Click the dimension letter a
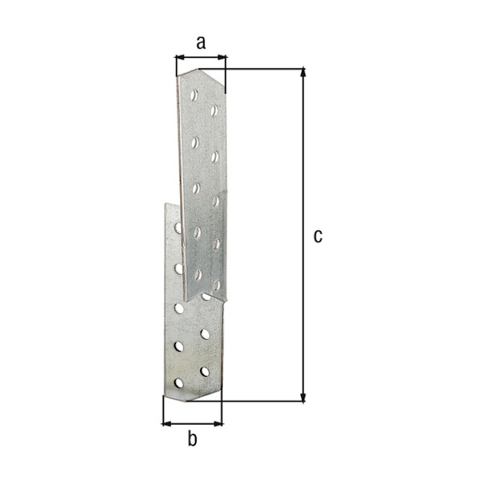point(201,43)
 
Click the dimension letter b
point(193,439)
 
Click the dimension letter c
point(318,236)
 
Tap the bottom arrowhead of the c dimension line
point(303,398)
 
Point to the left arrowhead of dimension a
point(180,57)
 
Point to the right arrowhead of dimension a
point(222,57)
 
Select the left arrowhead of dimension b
point(166,424)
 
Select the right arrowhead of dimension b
point(218,424)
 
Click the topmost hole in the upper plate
point(194,95)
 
